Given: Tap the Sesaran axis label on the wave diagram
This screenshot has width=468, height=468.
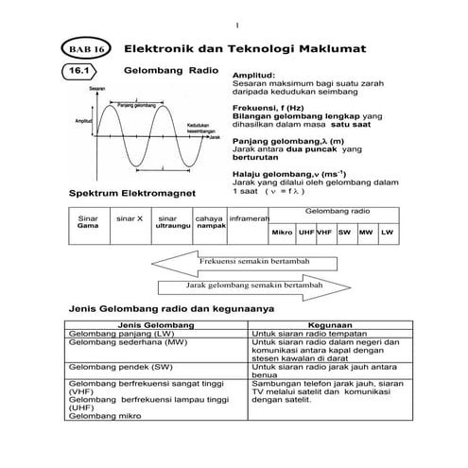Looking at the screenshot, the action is (98, 88).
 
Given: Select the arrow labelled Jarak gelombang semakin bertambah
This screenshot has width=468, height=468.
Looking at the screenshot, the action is (255, 285).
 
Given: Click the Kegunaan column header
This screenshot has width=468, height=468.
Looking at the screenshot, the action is (329, 324).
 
